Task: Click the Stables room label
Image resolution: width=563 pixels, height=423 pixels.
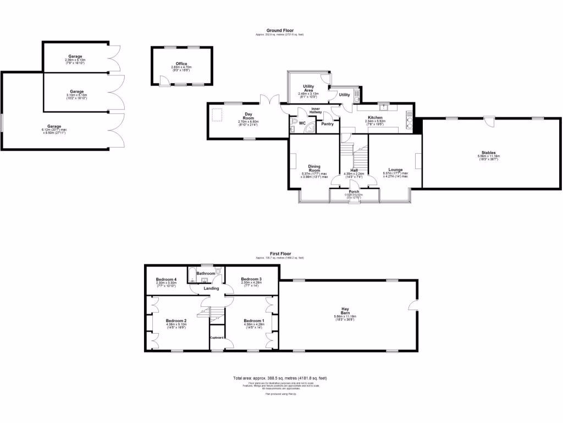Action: (x=487, y=153)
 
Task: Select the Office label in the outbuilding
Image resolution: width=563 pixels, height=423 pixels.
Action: (x=181, y=64)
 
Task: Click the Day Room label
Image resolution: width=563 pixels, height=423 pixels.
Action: (x=249, y=116)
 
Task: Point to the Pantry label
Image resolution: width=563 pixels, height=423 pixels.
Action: (x=328, y=124)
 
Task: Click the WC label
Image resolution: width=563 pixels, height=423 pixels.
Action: (x=302, y=122)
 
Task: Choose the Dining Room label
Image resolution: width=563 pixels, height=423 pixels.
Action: (x=314, y=167)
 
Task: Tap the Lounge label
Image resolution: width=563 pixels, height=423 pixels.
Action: (x=395, y=170)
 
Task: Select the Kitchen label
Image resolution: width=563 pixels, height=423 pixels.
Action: (x=376, y=118)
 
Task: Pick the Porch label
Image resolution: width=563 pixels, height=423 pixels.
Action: (x=354, y=191)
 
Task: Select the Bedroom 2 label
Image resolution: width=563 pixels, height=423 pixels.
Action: (x=176, y=321)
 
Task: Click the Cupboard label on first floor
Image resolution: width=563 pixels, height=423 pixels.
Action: (x=217, y=337)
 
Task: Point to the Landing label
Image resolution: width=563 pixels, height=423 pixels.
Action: (x=211, y=288)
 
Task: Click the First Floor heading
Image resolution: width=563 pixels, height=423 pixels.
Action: (x=279, y=254)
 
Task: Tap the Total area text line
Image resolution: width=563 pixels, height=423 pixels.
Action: (x=280, y=378)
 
